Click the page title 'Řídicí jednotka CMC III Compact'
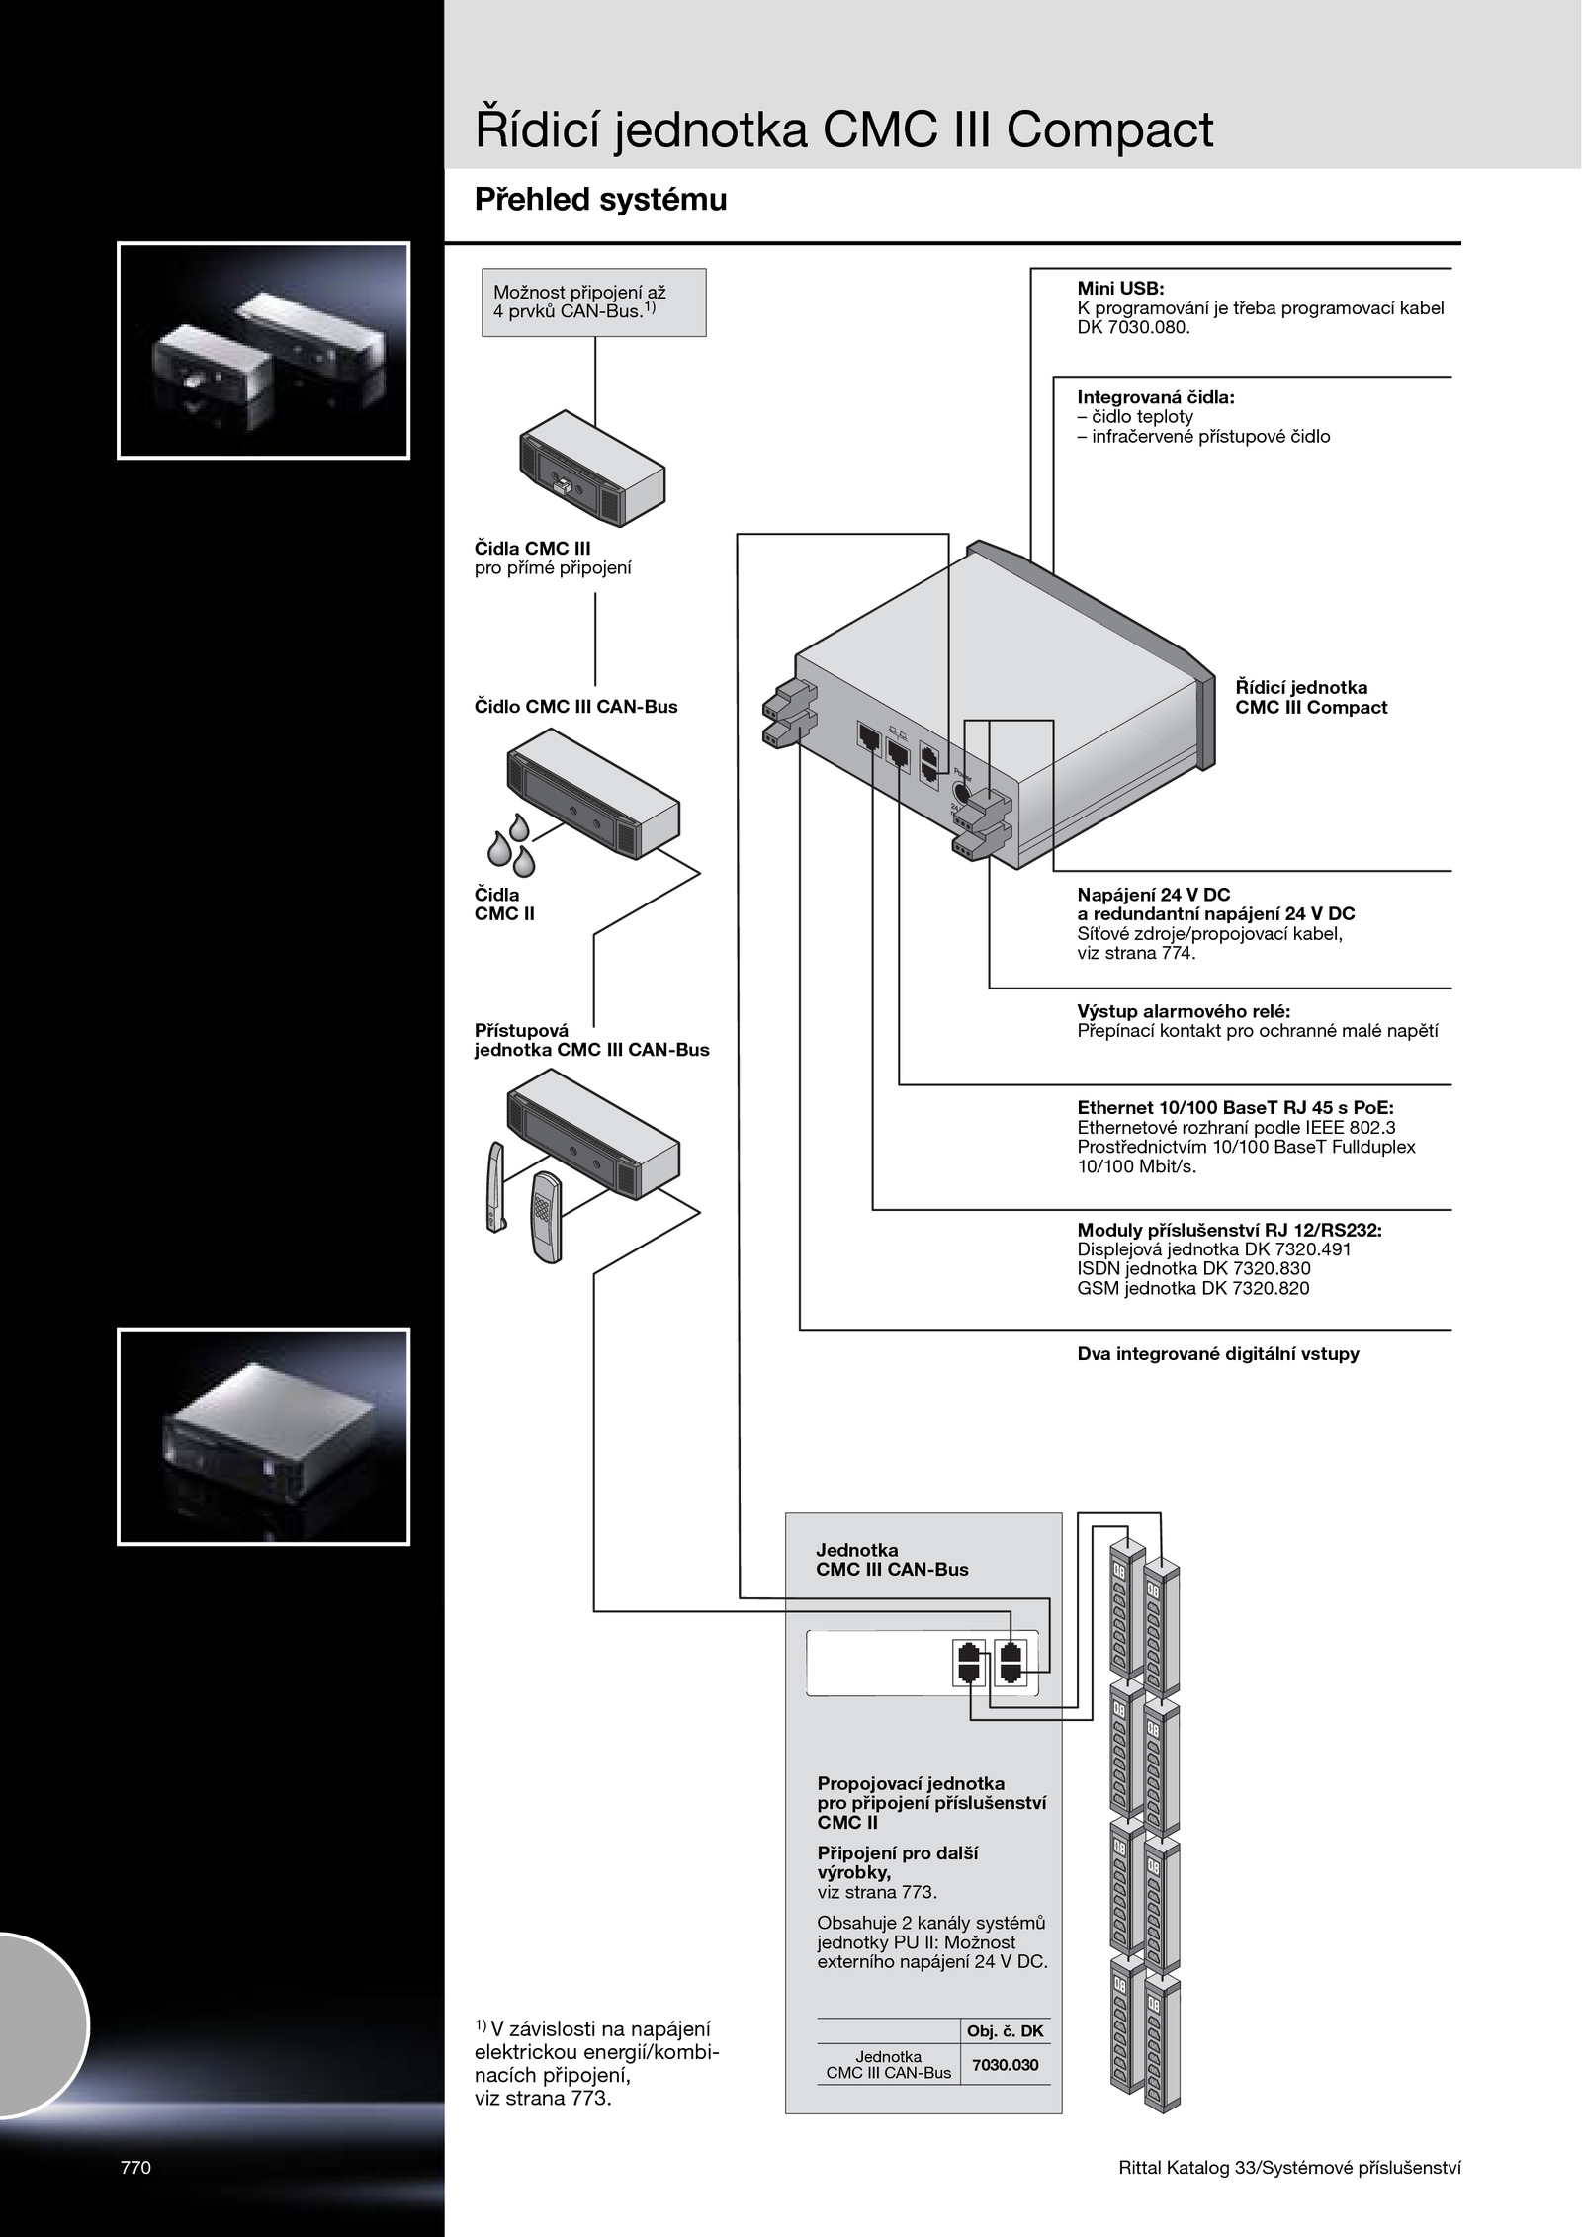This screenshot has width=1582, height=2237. [x=843, y=130]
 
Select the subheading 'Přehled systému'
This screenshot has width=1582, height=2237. [x=600, y=200]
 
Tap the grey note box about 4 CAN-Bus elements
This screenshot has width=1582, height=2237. [x=593, y=302]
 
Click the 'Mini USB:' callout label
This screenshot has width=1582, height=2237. [x=1120, y=289]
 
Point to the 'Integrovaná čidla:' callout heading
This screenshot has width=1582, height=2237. [x=1156, y=397]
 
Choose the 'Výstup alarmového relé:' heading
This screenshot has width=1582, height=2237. [x=1184, y=1011]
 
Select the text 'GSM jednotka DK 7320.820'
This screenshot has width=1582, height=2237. [x=1192, y=1288]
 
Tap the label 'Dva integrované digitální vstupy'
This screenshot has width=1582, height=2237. [x=1217, y=1354]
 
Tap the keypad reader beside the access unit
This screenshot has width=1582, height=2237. [x=544, y=1217]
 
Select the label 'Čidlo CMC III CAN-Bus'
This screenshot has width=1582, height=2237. [x=575, y=707]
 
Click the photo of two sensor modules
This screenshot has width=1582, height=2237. [x=263, y=351]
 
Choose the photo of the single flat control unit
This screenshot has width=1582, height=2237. [x=263, y=1436]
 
